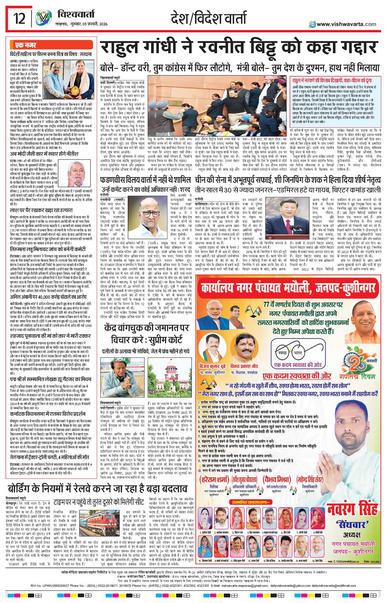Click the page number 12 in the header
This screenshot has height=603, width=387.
[19, 18]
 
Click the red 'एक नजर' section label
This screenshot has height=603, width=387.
[26, 45]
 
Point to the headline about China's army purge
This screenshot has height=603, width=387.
[287, 179]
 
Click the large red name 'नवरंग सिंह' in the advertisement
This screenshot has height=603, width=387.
[352, 510]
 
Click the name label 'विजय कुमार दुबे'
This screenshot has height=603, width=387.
[212, 366]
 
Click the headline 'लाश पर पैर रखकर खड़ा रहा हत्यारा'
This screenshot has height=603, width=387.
[41, 210]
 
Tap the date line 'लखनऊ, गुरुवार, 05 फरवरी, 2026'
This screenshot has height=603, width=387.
[81, 24]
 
